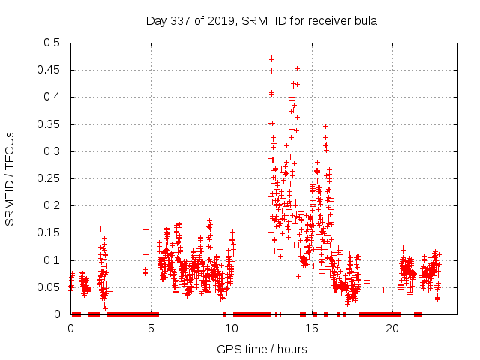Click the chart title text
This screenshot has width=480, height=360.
tap(261, 20)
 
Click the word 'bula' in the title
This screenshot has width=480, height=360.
tap(364, 20)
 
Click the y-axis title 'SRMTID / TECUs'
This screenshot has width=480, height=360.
tap(10, 178)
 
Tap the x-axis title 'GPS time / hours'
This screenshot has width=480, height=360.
tap(261, 349)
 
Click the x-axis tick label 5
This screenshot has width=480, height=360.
tap(151, 328)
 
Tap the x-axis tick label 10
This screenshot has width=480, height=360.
tap(232, 328)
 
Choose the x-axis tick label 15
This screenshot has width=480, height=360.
tap(312, 328)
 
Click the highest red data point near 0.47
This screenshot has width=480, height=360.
tap(271, 58)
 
